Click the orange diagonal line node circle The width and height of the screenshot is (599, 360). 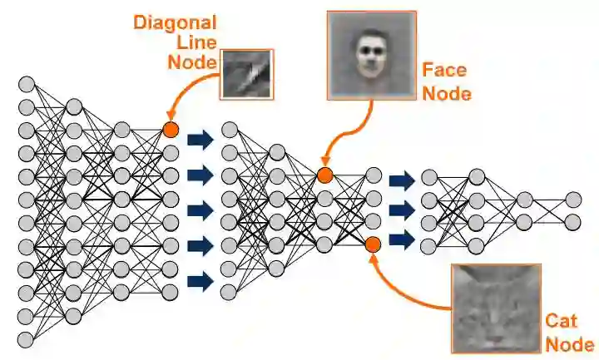click(171, 130)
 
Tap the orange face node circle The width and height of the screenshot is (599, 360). click(324, 175)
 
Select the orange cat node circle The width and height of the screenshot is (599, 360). click(373, 244)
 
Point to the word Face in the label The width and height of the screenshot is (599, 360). click(444, 72)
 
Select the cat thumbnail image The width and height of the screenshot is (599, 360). click(496, 308)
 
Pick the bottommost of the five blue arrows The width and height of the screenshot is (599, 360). click(200, 281)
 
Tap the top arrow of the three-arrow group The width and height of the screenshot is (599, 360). click(402, 180)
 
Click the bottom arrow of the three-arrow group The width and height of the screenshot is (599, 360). click(402, 240)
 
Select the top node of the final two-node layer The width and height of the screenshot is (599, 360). click(573, 200)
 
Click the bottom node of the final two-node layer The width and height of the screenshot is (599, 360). click(573, 222)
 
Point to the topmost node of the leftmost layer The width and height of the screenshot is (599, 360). click(26, 84)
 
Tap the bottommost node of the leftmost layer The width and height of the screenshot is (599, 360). click(26, 339)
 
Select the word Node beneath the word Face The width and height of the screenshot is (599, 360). click(447, 92)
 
